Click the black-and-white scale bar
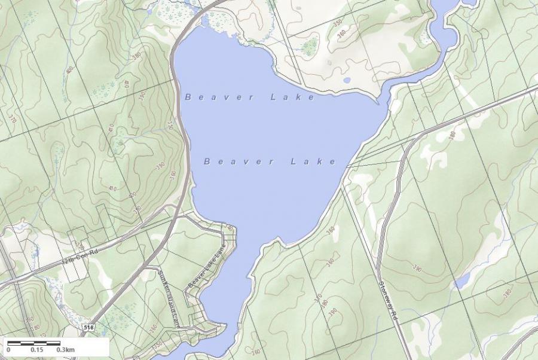(x=34, y=343)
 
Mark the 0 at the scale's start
(x=8, y=350)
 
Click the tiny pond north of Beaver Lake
(x=346, y=80)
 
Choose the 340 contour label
(x=229, y=228)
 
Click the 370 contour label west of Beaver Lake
(x=11, y=118)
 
